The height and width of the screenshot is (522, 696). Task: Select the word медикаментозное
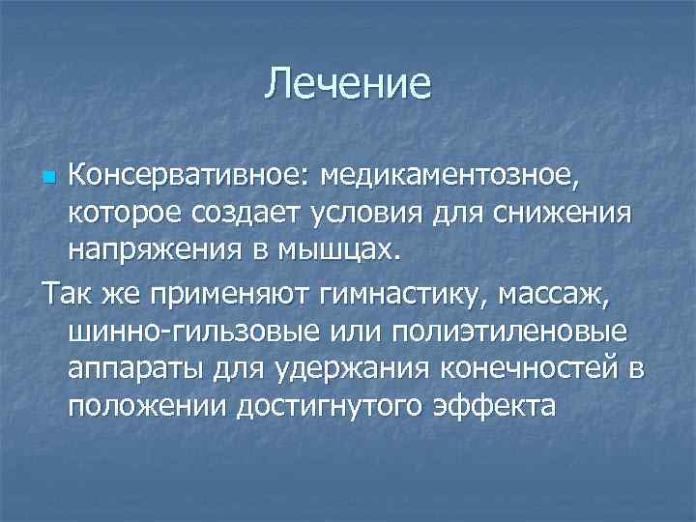pyautogui.click(x=478, y=176)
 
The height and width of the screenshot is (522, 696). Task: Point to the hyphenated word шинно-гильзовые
pyautogui.click(x=194, y=333)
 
